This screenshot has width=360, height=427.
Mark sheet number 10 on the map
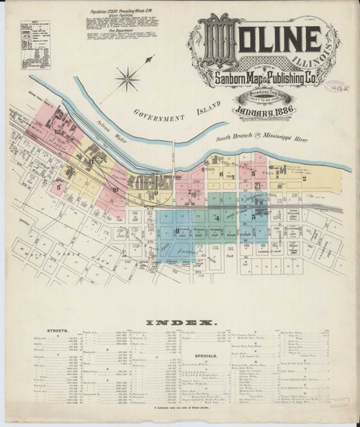click(114, 189)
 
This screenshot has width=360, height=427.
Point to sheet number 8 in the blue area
click(176, 230)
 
